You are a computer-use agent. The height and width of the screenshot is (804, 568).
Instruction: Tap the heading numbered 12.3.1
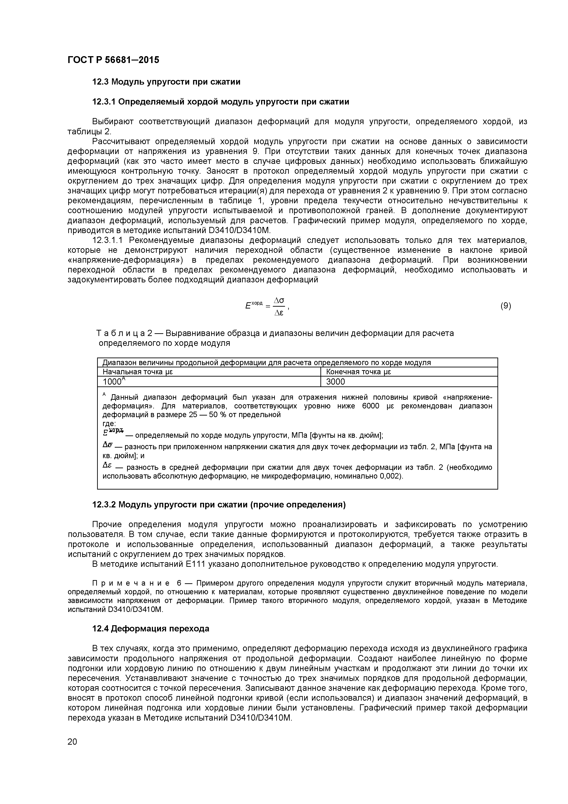coord(104,102)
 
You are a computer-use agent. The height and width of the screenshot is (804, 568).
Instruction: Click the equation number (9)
coord(505,306)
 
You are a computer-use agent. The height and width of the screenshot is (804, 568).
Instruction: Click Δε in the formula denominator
coord(279,313)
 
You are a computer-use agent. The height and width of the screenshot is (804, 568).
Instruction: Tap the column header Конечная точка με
coord(358,372)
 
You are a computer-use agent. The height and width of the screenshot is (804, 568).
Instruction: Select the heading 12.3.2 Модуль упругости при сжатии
coord(218,505)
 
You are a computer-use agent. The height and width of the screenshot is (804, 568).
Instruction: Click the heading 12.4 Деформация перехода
coord(150,629)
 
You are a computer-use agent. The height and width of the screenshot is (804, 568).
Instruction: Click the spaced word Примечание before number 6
coord(131,583)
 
